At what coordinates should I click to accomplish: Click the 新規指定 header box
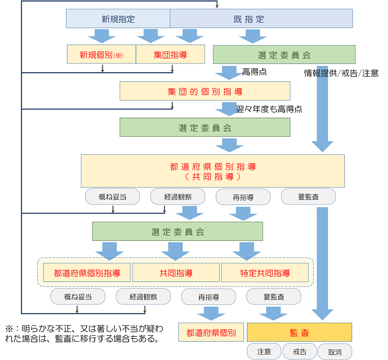coord(118,19)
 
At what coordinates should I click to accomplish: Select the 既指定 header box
coord(261,19)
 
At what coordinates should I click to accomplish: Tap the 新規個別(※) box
coord(101,55)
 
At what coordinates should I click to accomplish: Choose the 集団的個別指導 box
coord(205,91)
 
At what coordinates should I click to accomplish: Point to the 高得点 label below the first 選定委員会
coord(254,72)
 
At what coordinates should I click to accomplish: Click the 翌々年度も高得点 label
coord(269,109)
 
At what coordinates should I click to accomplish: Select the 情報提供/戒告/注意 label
coord(341,73)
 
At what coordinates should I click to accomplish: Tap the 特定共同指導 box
coord(265,273)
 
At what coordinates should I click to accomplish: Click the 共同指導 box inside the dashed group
coord(176,273)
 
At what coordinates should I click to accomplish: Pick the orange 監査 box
coord(299,333)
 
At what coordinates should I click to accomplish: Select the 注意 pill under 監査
coord(264,351)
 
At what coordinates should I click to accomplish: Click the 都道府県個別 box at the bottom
coord(210,333)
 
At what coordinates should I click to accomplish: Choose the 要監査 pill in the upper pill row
coord(308,196)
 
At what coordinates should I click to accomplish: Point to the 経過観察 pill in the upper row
coord(178,196)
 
